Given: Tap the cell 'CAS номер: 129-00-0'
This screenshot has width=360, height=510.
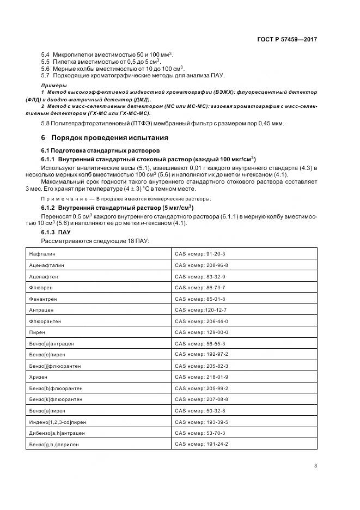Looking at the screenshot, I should (x=201, y=332).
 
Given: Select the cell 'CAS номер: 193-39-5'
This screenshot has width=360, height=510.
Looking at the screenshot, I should (x=201, y=422).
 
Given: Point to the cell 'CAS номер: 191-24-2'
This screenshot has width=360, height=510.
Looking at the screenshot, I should (x=201, y=444).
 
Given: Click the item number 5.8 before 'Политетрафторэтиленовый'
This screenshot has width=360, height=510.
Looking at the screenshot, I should (x=46, y=124).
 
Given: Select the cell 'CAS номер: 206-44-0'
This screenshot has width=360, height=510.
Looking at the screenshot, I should (x=201, y=321).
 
